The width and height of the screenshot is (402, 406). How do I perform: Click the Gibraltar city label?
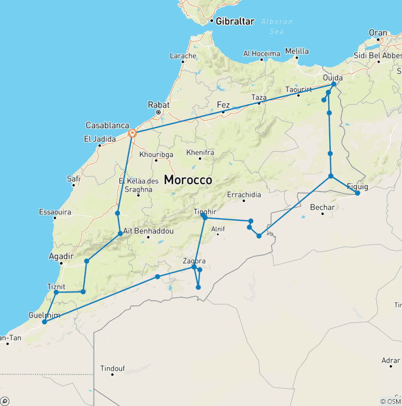(235, 21)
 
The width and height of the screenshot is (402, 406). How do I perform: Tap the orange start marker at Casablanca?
(132, 133)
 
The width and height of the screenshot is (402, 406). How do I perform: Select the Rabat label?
(159, 105)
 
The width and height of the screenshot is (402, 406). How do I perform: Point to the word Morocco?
(188, 180)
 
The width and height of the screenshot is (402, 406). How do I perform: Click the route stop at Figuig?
(358, 193)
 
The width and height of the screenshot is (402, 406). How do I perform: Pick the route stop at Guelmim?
(44, 322)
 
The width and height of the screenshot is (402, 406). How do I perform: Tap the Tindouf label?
(113, 368)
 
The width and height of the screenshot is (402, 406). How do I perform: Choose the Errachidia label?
(244, 195)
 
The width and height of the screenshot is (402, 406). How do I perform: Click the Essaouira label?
(55, 212)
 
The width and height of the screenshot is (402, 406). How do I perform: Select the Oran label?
(378, 32)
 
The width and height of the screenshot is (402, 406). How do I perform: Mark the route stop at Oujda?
(333, 84)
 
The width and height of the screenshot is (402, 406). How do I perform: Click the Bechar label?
(322, 207)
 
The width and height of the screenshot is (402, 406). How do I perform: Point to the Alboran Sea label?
(278, 26)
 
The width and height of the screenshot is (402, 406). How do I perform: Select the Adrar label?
(391, 360)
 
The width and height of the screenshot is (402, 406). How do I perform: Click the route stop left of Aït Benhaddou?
(120, 233)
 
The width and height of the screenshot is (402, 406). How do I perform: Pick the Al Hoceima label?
(261, 53)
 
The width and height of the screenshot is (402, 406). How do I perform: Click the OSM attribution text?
(390, 401)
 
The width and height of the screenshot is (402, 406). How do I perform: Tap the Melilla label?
(297, 51)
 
